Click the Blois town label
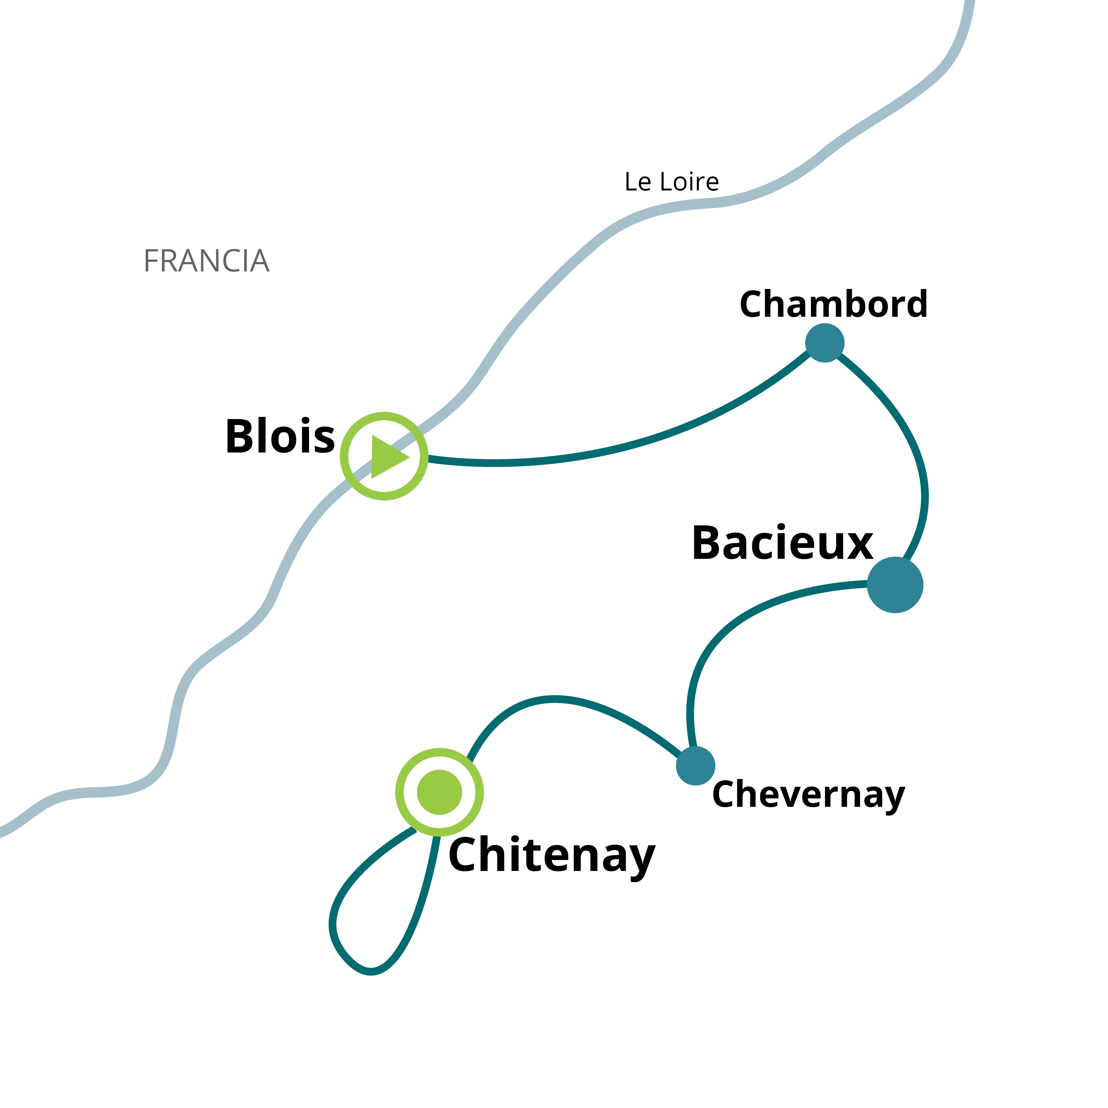point(280,437)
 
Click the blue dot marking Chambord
point(825,343)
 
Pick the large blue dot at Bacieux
point(895,585)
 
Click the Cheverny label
point(809,795)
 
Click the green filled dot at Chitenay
point(439,792)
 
